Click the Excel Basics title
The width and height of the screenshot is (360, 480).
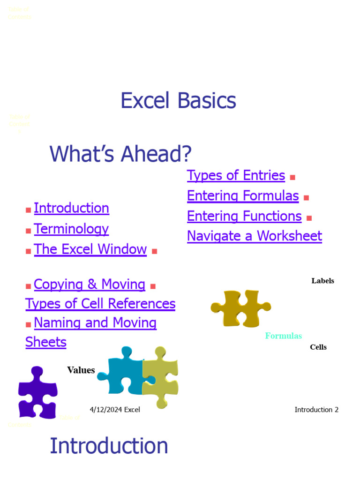(x=178, y=101)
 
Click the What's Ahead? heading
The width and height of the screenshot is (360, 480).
(x=120, y=154)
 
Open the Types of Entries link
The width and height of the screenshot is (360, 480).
(x=236, y=175)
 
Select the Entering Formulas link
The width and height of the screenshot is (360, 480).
(x=243, y=195)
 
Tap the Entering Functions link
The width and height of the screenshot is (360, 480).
(x=244, y=216)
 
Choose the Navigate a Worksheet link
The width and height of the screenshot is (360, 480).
(x=255, y=236)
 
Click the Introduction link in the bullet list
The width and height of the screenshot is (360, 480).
(x=71, y=208)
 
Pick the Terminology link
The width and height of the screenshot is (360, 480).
(x=71, y=229)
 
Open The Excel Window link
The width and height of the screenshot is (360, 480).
(x=90, y=249)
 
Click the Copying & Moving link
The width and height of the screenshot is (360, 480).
(x=90, y=285)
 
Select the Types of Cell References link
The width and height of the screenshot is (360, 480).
(x=100, y=304)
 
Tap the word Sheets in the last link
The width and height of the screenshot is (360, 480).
(x=46, y=342)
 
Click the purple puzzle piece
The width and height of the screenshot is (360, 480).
(x=37, y=393)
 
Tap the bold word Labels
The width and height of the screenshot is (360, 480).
(x=322, y=281)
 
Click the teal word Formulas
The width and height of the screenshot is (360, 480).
(x=283, y=336)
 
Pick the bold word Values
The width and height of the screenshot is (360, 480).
(x=81, y=370)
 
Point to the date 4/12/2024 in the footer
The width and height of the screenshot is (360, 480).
(x=106, y=410)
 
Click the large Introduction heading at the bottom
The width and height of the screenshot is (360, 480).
(x=109, y=446)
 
